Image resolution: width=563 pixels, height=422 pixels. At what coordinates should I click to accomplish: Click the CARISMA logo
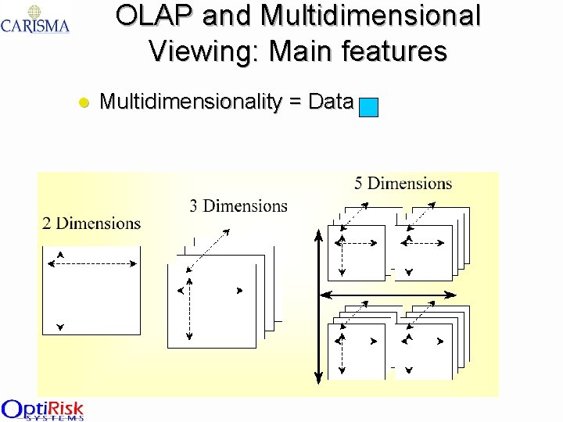pyautogui.click(x=35, y=20)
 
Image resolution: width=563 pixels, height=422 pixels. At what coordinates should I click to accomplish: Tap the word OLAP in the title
pyautogui.click(x=154, y=16)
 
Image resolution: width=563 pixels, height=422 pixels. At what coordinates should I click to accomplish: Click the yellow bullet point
pyautogui.click(x=84, y=102)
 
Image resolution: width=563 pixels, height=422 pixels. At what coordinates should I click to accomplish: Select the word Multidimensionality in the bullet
pyautogui.click(x=190, y=102)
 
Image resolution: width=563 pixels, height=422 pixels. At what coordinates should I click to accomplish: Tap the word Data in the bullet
pyautogui.click(x=331, y=102)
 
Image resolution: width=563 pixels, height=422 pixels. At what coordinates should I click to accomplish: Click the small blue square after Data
pyautogui.click(x=368, y=107)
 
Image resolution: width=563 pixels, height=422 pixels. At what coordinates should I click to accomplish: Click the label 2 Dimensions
pyautogui.click(x=91, y=224)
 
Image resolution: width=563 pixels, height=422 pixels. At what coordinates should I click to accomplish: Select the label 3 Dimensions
pyautogui.click(x=238, y=206)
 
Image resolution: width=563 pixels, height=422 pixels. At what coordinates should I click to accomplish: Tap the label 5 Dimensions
pyautogui.click(x=403, y=184)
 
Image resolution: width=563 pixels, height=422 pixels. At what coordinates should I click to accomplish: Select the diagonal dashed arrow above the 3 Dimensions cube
pyautogui.click(x=210, y=249)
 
